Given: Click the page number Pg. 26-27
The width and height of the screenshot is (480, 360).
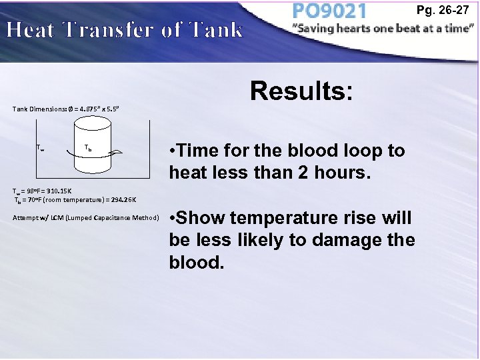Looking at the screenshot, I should coord(451,11).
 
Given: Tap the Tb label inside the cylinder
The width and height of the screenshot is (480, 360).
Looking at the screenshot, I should coord(88,147).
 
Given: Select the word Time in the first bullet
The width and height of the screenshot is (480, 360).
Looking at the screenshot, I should coord(198,151).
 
